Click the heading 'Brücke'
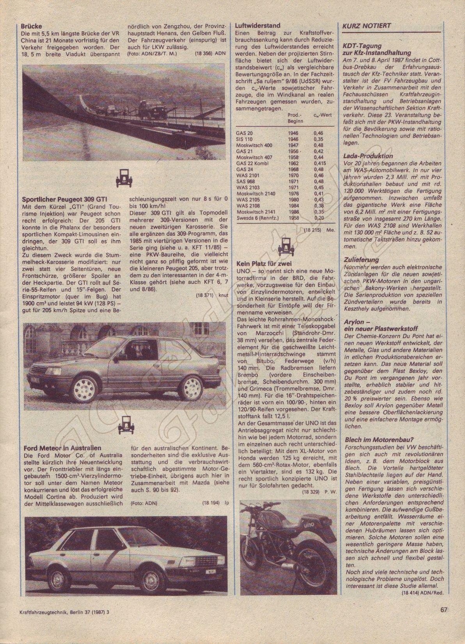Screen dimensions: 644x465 tap(32, 27)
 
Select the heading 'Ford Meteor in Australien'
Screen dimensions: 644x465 tap(63, 448)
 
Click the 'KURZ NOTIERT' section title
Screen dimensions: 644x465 tap(366, 26)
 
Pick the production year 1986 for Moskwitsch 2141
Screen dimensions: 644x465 tap(293, 212)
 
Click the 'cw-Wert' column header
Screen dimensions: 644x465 tap(323, 116)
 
